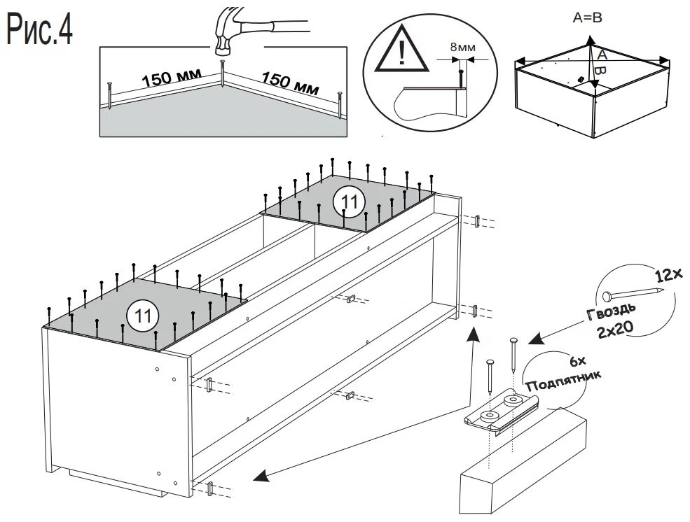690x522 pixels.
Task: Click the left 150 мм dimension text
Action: (172, 77)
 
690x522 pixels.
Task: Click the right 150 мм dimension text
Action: (291, 82)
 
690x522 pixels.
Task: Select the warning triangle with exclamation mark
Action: (400, 53)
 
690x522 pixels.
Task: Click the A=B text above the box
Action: (587, 19)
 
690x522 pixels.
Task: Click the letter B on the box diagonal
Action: (598, 71)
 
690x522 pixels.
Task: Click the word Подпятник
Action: (563, 381)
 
